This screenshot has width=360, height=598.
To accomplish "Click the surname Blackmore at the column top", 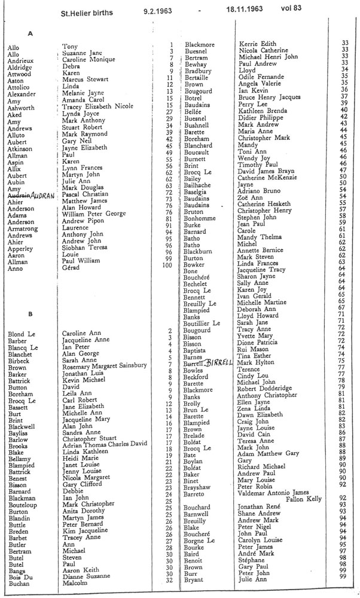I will click(x=199, y=44).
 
